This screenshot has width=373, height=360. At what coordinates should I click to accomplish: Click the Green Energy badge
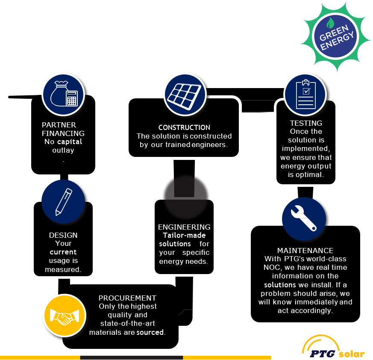(x=335, y=37)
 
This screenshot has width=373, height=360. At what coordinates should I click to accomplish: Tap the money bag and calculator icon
(x=63, y=94)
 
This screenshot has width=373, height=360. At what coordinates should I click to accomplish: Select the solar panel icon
(x=185, y=95)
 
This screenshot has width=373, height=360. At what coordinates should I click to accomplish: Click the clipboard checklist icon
(x=305, y=94)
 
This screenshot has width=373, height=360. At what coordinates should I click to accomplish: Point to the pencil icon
(x=63, y=202)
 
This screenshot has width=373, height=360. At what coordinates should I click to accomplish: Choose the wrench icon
(x=304, y=218)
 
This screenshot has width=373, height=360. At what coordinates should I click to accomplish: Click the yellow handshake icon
(x=65, y=316)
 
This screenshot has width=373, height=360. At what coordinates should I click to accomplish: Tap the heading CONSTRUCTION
(x=184, y=127)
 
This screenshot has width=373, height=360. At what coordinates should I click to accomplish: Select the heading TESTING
(x=306, y=123)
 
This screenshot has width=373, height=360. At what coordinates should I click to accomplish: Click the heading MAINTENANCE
(x=305, y=251)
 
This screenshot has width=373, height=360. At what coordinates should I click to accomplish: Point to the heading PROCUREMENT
(x=127, y=298)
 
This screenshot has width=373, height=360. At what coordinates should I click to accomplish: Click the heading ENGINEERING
(x=184, y=227)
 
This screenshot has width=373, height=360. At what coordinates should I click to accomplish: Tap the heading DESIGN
(x=63, y=235)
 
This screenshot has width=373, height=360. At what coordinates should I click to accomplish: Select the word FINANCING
(x=63, y=133)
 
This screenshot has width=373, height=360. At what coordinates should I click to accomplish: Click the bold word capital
(x=70, y=142)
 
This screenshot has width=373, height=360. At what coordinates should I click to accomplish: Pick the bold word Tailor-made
(x=184, y=235)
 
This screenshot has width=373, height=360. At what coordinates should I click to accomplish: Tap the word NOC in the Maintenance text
(x=270, y=267)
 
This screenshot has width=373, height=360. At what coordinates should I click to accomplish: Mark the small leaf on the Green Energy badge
(x=330, y=23)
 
